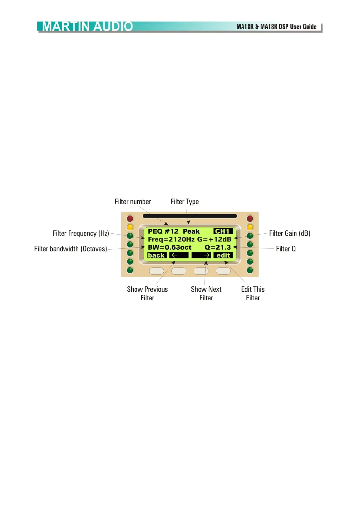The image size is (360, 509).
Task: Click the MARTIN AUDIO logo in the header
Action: tap(87, 27)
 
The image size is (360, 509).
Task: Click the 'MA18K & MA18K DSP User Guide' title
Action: tap(276, 27)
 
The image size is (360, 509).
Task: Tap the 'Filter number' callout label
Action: tap(133, 202)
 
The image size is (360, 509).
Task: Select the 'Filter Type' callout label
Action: tap(185, 202)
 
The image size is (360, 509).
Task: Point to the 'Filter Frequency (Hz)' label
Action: tap(81, 233)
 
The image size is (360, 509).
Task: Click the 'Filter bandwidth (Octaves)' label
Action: tap(70, 249)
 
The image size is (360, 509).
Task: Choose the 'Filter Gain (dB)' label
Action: tap(290, 233)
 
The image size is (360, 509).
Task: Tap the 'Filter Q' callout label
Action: tap(286, 249)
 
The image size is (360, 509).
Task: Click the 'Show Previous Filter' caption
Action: tap(147, 293)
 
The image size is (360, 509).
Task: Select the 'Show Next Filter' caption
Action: tap(206, 293)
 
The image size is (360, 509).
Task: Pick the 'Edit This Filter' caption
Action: tap(253, 293)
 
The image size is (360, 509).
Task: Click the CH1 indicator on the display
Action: tap(223, 231)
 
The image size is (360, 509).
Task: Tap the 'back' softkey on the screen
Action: tap(156, 255)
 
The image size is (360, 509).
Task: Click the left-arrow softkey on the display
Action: tap(178, 255)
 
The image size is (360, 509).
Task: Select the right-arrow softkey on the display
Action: tap(201, 255)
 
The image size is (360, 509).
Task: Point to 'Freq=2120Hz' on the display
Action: tap(171, 239)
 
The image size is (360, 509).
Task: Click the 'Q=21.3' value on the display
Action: tap(218, 247)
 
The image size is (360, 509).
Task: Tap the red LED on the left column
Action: tap(130, 218)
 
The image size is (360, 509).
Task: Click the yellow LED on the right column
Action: tap(250, 227)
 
